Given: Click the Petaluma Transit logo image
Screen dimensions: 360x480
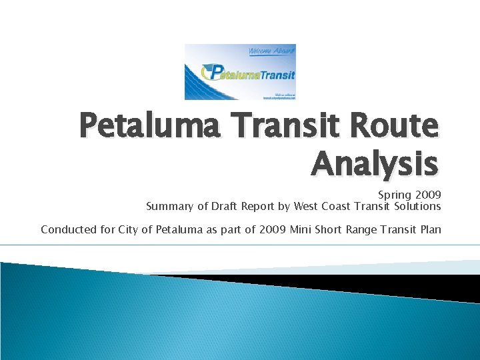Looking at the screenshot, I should pyautogui.click(x=240, y=72).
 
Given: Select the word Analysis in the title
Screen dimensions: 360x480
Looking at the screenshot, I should pyautogui.click(x=375, y=164).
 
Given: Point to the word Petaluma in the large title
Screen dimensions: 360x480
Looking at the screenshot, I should pyautogui.click(x=148, y=127).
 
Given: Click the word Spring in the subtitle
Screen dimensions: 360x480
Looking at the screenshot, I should pyautogui.click(x=394, y=195).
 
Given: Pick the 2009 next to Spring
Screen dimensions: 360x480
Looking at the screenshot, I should pyautogui.click(x=427, y=195).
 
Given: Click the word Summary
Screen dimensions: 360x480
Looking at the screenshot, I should pyautogui.click(x=169, y=207).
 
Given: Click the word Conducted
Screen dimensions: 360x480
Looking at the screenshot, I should pyautogui.click(x=67, y=230).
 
